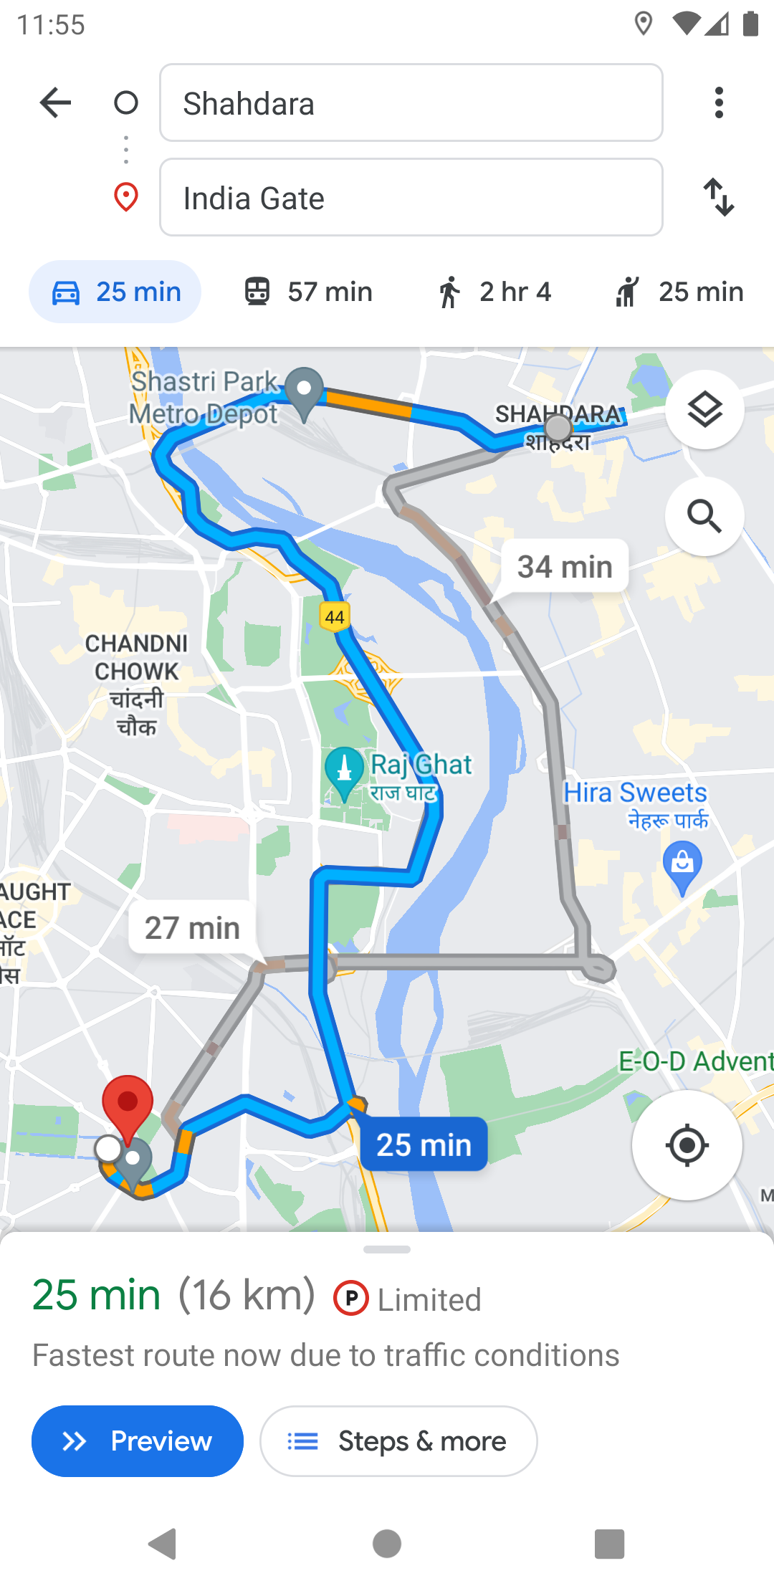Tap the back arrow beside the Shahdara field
pos(55,103)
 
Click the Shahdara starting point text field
pos(411,103)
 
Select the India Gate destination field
pos(411,198)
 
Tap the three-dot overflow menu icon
pos(719,103)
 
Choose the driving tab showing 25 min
pos(115,292)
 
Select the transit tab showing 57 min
pos(309,292)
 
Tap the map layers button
pos(704,410)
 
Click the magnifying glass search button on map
pos(704,516)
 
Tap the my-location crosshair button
pos(687,1145)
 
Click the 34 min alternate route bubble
pos(565,566)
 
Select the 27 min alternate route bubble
pos(192,927)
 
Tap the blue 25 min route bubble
pos(424,1145)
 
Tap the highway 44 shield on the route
pos(335,616)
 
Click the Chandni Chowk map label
pos(136,684)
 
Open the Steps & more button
pos(398,1441)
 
